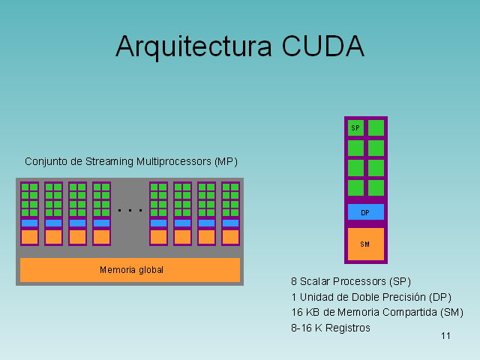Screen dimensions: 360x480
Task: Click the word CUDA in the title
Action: (323, 46)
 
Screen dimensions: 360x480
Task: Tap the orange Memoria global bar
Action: (130, 270)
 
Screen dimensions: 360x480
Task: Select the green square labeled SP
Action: (355, 128)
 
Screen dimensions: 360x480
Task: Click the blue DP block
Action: (365, 213)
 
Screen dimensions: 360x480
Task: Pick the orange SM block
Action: (365, 244)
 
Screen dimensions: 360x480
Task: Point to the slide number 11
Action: (445, 335)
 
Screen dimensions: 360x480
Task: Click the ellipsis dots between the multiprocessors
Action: (130, 211)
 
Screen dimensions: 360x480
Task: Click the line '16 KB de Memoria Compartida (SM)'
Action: (377, 312)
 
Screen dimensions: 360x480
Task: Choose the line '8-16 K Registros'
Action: (331, 328)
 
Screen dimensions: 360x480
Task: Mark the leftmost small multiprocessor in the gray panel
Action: (29, 214)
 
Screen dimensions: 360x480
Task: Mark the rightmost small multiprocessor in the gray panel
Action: (230, 214)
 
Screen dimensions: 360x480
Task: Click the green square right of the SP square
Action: (376, 128)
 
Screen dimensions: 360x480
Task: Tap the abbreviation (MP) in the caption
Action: (226, 161)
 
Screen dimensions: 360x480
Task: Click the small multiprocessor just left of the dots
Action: (101, 214)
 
